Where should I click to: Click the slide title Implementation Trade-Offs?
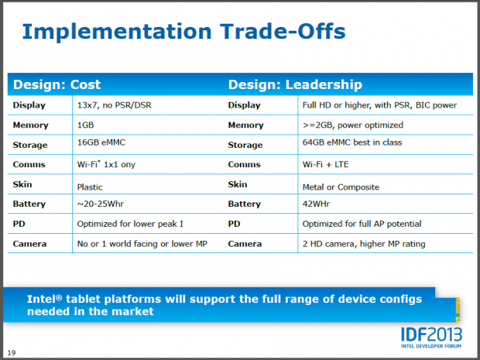[183, 32]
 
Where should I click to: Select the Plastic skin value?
[90, 186]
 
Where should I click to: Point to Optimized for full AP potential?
[361, 224]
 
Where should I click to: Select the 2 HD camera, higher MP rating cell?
[363, 244]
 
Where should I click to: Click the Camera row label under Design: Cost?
[30, 244]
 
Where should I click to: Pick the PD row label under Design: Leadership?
[235, 224]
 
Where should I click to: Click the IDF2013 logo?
[430, 334]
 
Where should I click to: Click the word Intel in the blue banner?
[43, 298]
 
